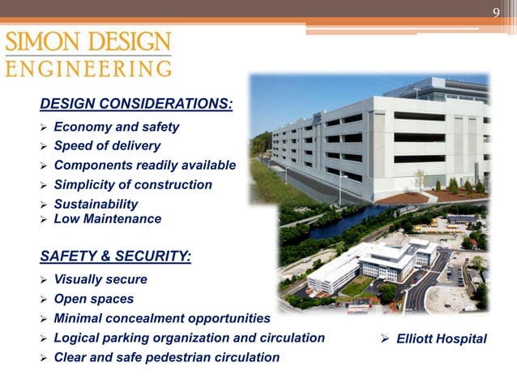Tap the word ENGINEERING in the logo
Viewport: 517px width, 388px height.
coord(88,68)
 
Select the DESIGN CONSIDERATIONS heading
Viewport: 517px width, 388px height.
coord(136,104)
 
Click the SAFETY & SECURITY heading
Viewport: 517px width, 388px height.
coord(116,257)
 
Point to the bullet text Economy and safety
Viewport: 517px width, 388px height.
coord(116,127)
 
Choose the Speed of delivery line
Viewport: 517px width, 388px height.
coord(107,146)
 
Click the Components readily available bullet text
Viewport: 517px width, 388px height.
coord(144,166)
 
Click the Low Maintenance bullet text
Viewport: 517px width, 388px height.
coord(107,219)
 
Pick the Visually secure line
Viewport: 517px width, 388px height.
coord(100,279)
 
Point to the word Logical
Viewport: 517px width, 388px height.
coord(78,338)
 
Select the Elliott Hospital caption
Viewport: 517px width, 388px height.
coord(442,338)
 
